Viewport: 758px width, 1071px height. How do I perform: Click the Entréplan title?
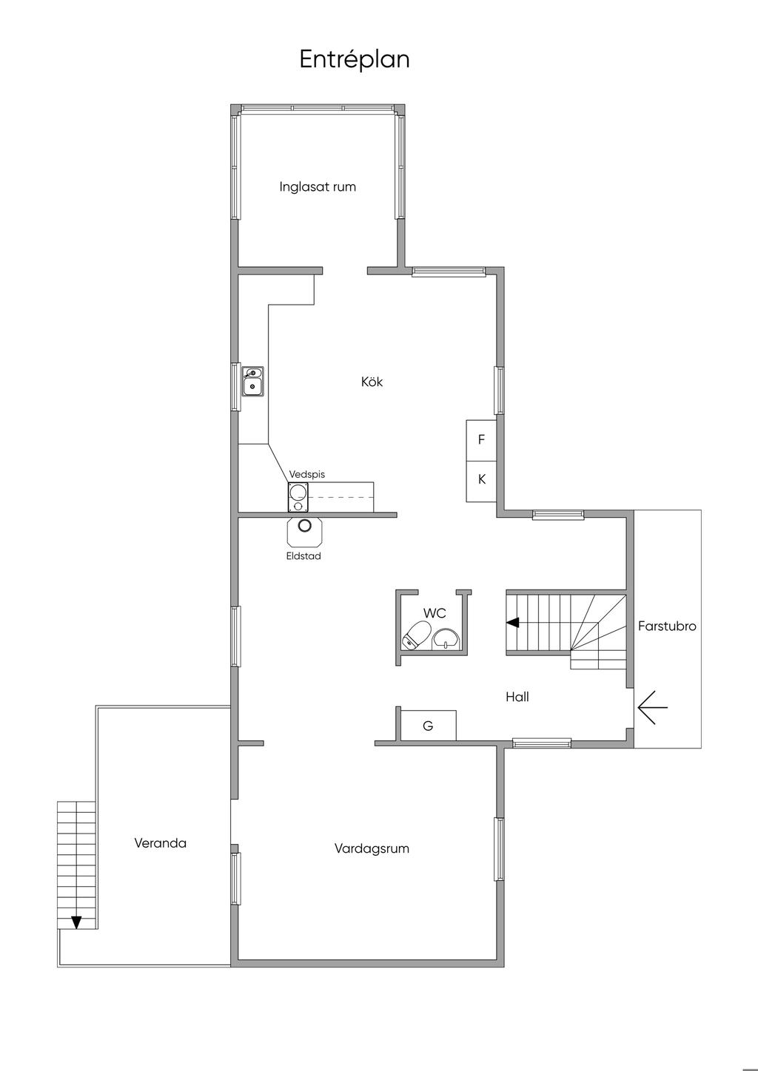[355, 60]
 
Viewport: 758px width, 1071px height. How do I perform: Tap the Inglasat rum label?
[318, 186]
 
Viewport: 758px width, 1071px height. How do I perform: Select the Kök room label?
[372, 382]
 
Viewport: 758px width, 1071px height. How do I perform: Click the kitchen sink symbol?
[252, 381]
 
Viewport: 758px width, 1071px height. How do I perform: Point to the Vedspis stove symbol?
[298, 497]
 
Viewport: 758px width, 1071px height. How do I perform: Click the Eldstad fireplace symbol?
[304, 532]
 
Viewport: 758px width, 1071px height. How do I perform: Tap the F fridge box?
[481, 440]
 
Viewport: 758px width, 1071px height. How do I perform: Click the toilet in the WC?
[415, 636]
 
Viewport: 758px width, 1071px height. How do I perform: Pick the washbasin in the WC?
[446, 640]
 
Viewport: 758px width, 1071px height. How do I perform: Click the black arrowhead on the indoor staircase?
[513, 623]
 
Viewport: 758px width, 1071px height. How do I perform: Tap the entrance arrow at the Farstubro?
[652, 707]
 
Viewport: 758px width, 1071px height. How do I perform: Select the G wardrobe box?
[429, 726]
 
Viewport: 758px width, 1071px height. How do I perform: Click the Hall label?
[517, 697]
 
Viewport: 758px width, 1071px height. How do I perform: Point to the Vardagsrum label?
[372, 848]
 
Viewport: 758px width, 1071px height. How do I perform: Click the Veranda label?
[161, 843]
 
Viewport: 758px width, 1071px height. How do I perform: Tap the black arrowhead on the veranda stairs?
[76, 922]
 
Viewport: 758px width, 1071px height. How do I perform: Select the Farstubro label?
[667, 626]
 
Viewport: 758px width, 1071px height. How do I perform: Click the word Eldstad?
[304, 556]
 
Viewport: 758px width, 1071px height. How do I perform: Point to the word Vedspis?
[306, 474]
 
